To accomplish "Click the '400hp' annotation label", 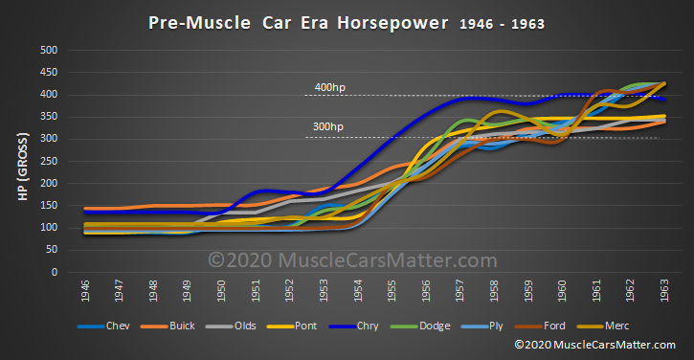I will click(x=328, y=88).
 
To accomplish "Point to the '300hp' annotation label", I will click(x=328, y=126).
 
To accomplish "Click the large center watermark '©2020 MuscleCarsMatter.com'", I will click(x=353, y=259).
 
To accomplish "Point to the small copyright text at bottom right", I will click(x=602, y=344).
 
